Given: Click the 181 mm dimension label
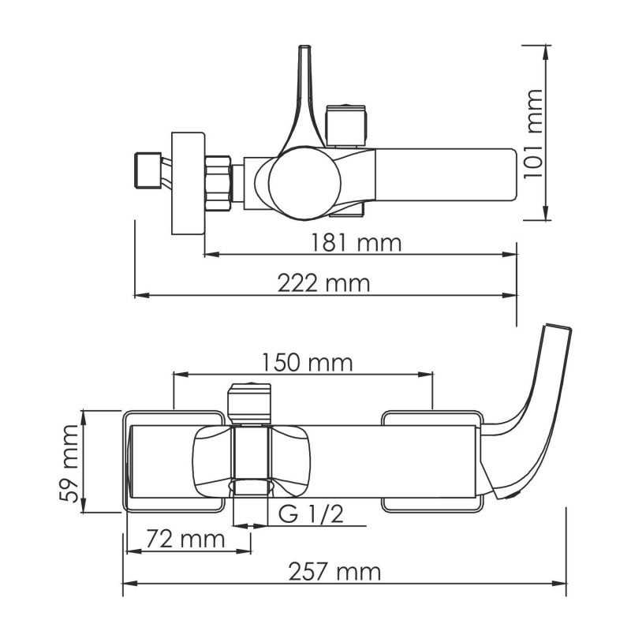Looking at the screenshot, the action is pos(357,243).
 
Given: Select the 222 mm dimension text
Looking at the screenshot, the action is pos(323,283).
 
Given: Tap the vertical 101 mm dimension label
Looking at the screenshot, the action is pos(533,134).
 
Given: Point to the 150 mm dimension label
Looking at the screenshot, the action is pos(308,362).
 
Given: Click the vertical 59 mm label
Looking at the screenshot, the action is pos(69,463).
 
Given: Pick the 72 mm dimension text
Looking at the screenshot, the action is pos(185,539).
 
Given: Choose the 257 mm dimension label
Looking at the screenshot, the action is pos(334,572).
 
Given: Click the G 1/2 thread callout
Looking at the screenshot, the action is pos(311,514).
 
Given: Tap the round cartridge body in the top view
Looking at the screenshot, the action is pos(304,183).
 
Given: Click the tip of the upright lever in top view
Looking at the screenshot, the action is pos(304,47).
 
